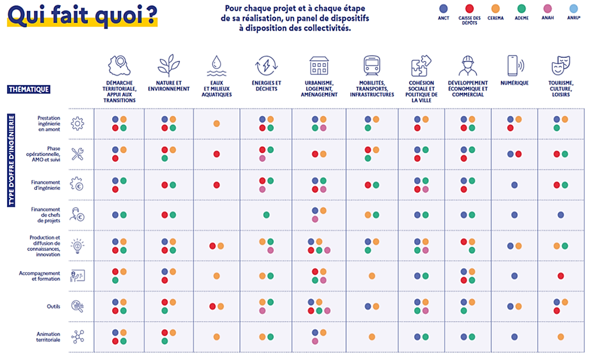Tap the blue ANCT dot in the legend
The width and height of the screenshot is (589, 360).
tap(443, 8)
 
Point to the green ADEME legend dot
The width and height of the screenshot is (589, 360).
tap(521, 8)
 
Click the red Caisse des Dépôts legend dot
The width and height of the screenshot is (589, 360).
tap(470, 8)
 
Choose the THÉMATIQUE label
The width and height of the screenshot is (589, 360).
tap(29, 89)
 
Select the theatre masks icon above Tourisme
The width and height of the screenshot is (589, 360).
tap(561, 66)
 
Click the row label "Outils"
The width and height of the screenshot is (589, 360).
tap(53, 307)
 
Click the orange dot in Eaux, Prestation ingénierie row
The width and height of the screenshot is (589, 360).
tap(216, 124)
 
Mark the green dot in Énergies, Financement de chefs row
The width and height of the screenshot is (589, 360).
tap(266, 215)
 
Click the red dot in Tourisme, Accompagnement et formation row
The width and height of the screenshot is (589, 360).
tap(561, 276)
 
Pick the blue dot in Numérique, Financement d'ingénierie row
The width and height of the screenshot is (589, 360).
tap(515, 185)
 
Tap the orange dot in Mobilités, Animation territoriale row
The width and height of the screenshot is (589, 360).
tap(372, 337)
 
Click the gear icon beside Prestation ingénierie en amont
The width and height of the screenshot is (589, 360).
tap(78, 124)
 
